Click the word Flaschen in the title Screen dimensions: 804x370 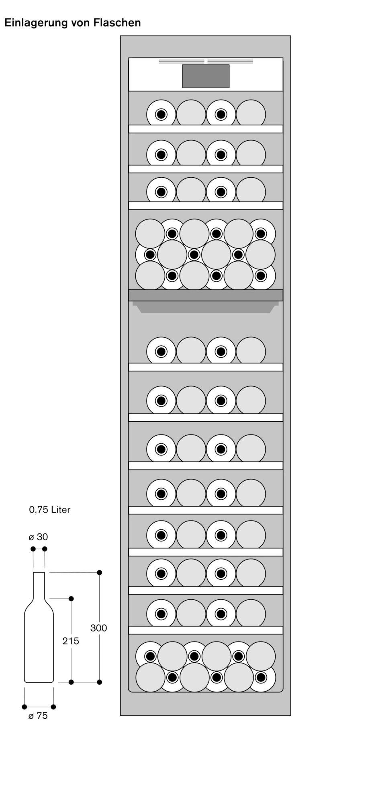pos(117,23)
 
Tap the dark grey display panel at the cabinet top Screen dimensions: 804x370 pos(206,76)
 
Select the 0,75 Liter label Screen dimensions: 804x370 pos(50,510)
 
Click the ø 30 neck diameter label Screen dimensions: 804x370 pos(38,537)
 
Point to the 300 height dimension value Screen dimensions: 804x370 pos(98,628)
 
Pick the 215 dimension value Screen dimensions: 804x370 pos(71,641)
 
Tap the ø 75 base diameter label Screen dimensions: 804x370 pos(38,716)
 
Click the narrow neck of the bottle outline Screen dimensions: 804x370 pos(39,585)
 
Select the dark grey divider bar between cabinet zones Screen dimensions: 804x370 pos(206,295)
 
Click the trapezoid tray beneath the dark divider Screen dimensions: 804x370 pos(206,307)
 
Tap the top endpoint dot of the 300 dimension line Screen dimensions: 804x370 pos(100,572)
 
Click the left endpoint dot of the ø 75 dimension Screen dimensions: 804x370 pos(25,707)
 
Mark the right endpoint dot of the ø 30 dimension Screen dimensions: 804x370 pos(45,549)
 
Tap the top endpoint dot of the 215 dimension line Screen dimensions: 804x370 pos(71,599)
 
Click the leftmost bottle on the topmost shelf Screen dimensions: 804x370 pos(161,115)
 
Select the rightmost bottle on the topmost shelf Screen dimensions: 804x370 pos(251,114)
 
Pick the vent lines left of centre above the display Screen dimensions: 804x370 pos(182,62)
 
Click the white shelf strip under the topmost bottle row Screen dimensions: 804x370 pos(206,129)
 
